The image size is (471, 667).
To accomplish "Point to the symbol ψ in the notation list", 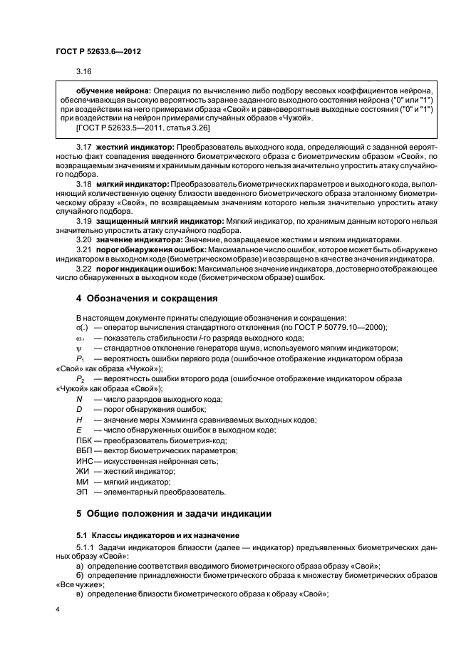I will pyautogui.click(x=79, y=347).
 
